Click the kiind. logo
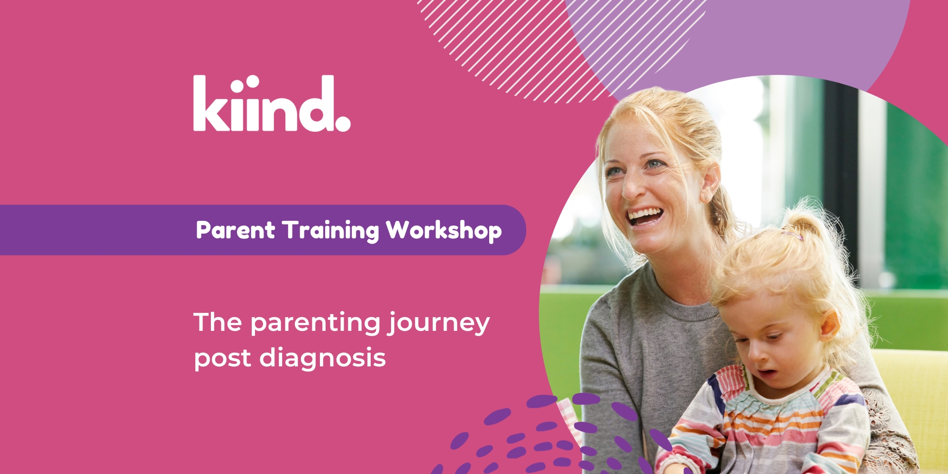[x=271, y=103]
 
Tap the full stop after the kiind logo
[x=343, y=124]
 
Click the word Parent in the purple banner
[x=235, y=230]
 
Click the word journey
[x=439, y=324]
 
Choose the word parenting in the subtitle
[x=315, y=324]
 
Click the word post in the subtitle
[x=222, y=359]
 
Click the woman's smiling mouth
[x=645, y=217]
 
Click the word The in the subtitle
[x=218, y=323]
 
